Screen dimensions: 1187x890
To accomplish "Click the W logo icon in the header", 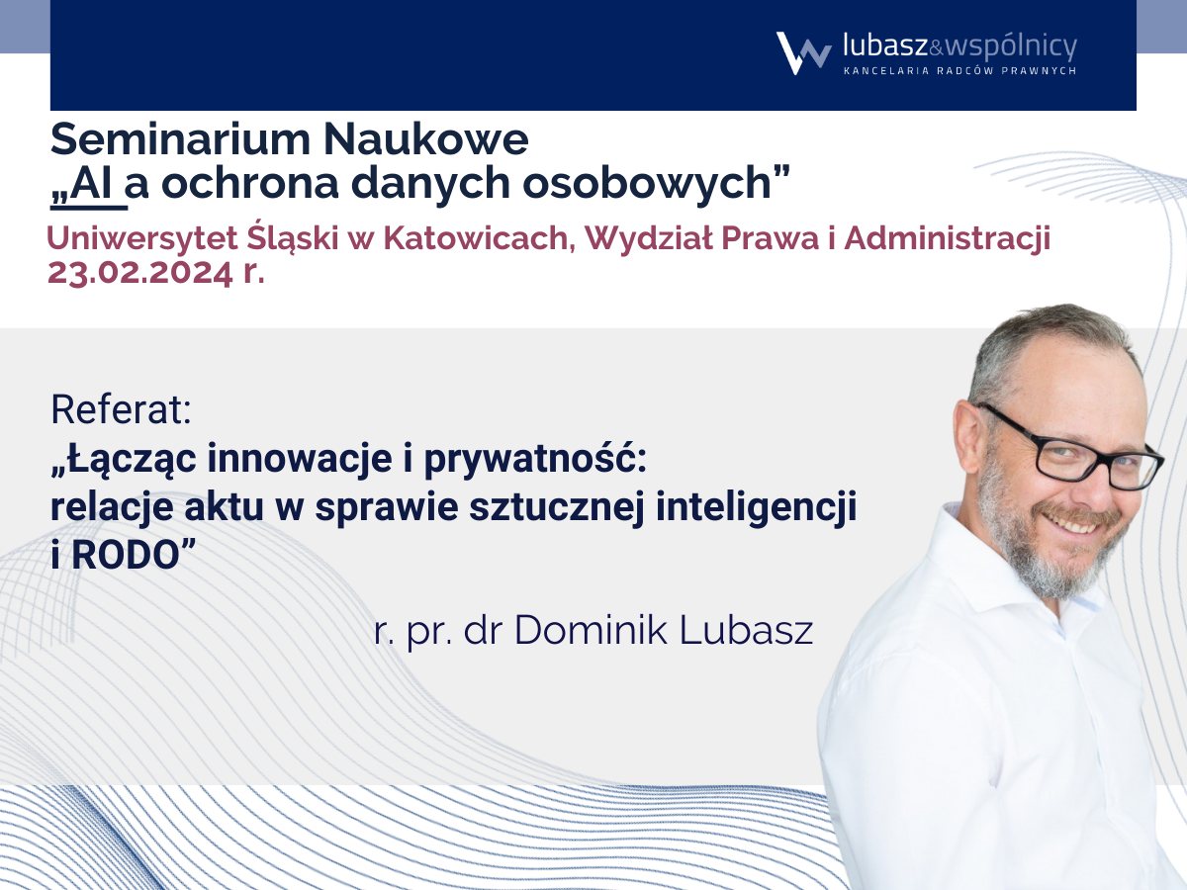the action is (803, 53).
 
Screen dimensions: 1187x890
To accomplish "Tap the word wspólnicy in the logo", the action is (1011, 47).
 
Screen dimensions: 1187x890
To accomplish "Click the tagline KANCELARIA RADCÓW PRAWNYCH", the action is (959, 71).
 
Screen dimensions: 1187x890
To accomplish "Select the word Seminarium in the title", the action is (180, 139).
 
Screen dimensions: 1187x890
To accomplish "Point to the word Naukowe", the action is (426, 139).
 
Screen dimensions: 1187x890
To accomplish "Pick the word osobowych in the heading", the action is (646, 184).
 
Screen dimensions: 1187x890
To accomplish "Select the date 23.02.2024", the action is (140, 272).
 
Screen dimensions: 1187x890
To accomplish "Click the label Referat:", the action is (121, 409).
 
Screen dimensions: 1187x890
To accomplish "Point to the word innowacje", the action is (299, 459).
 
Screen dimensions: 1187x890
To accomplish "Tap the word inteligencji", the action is (756, 508).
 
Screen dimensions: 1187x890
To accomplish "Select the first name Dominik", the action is (591, 630).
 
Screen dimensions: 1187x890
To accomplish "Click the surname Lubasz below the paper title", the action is (746, 630).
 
